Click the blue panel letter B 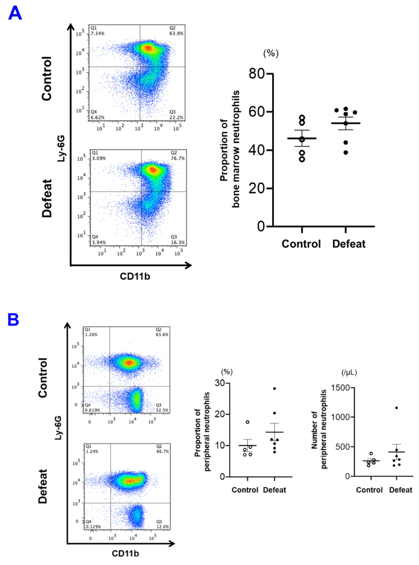13,320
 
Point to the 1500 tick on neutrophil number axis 340,388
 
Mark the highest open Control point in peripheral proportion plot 248,422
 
